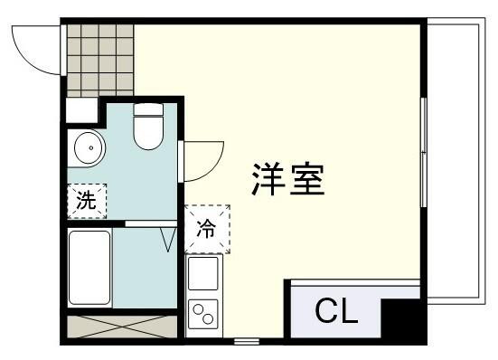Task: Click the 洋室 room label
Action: tap(287, 179)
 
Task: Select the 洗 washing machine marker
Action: tap(87, 201)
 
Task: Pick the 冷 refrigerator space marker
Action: tap(207, 229)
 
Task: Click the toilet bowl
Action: tap(148, 133)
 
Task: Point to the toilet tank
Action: tap(148, 109)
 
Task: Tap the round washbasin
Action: tap(89, 147)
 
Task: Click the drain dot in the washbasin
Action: tap(91, 147)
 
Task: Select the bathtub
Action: tap(89, 268)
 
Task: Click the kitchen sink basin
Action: tap(203, 273)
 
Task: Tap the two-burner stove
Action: tap(203, 314)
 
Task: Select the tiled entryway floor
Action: tap(100, 61)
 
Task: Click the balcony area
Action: tap(456, 161)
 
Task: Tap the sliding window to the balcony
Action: tap(423, 153)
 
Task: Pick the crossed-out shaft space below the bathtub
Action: tap(122, 327)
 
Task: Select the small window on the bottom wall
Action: tap(247, 342)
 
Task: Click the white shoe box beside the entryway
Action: tap(82, 110)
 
